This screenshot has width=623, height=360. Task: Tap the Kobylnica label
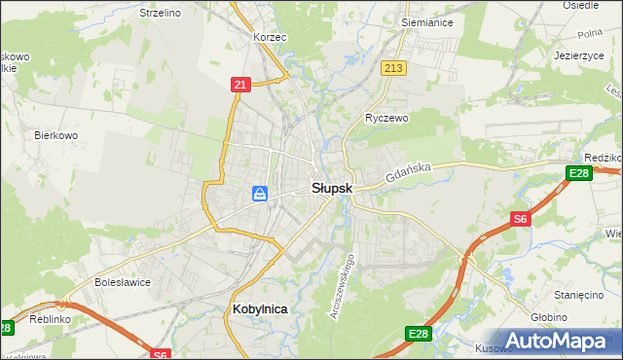point(261,308)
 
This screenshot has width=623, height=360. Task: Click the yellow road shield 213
point(393,68)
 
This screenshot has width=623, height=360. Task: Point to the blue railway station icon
point(260,195)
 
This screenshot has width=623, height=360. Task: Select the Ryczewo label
point(385,118)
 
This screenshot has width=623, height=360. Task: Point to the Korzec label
point(269,36)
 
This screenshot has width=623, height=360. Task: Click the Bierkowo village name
point(55,135)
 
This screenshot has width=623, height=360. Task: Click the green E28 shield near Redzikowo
point(577,173)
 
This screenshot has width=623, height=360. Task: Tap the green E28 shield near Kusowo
point(417,335)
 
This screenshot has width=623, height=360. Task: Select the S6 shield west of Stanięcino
point(521,220)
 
